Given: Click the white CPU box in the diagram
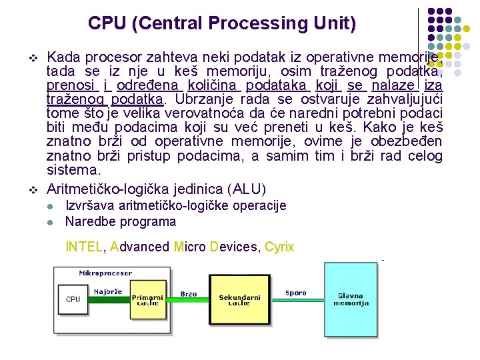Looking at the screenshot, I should click(x=73, y=299).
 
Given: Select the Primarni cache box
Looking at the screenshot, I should click(x=147, y=300).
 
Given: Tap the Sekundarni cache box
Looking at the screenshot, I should click(x=239, y=299).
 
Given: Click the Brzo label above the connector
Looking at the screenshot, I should click(x=189, y=293).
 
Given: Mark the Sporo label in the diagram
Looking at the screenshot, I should click(x=295, y=293).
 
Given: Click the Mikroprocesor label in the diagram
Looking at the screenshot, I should click(x=105, y=273).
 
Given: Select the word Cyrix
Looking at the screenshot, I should click(x=279, y=247).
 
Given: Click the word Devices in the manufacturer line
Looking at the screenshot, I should click(x=233, y=247).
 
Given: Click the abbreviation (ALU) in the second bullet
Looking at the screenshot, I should click(x=246, y=189).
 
